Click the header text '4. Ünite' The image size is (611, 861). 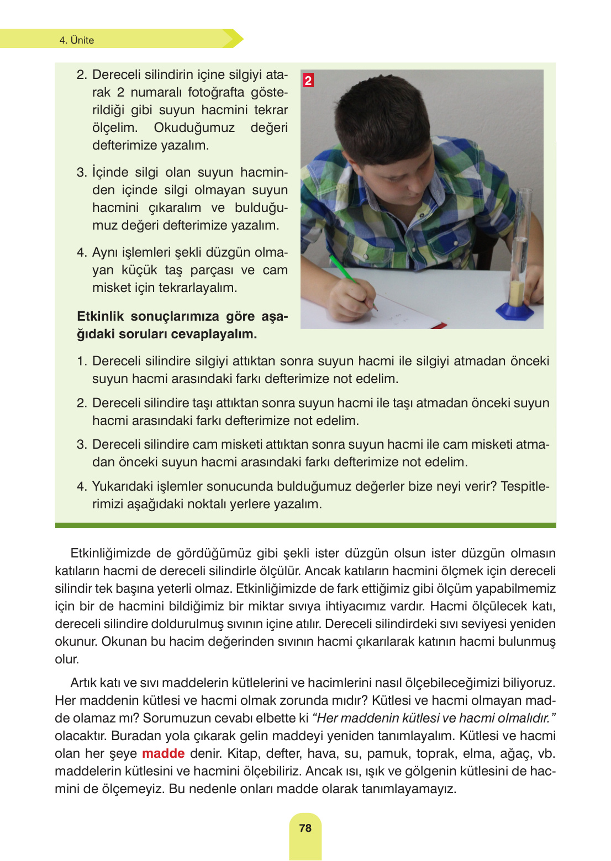(77, 40)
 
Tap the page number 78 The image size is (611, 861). (305, 828)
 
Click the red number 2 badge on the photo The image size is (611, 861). (308, 80)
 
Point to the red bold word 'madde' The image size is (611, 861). (163, 753)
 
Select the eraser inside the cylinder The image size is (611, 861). (517, 293)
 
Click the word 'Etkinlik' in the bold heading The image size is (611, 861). (100, 316)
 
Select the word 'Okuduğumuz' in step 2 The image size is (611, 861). (194, 127)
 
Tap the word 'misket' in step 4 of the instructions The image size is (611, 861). (109, 288)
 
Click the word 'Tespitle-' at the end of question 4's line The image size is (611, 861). (524, 486)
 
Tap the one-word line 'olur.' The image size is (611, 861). (67, 659)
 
